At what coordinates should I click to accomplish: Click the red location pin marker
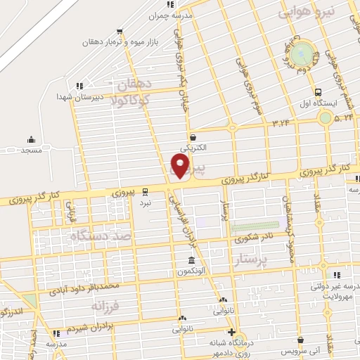click(181, 166)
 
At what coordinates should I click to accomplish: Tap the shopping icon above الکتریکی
click(192, 137)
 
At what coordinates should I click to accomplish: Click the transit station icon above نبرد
click(145, 191)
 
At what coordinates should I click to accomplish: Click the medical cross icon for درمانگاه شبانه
click(231, 332)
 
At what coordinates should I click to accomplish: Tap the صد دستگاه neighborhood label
click(103, 237)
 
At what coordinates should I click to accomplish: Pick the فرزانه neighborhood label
click(107, 306)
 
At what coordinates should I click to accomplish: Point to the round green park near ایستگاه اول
click(302, 52)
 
